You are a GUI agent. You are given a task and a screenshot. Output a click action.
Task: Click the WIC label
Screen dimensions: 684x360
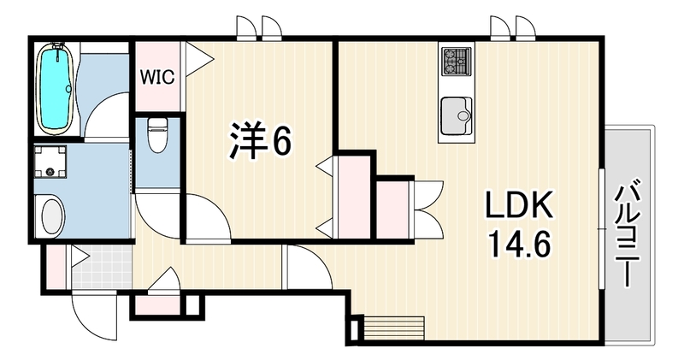157,77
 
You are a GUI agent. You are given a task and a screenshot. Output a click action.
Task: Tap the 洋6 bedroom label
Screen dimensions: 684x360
260,139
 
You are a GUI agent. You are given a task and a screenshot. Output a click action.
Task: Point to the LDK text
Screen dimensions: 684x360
520,204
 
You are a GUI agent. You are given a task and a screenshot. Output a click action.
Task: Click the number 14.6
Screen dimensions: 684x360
520,245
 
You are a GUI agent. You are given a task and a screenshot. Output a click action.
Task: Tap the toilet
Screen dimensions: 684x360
156,134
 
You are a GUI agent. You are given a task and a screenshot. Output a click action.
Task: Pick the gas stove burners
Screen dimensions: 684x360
457,61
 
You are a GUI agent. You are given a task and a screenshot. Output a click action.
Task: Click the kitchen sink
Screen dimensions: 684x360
457,115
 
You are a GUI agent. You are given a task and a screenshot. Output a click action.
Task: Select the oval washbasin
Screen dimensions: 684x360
53,216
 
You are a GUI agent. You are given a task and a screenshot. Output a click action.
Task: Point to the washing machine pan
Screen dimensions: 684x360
50,162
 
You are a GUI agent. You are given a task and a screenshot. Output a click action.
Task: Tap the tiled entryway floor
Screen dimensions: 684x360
102,266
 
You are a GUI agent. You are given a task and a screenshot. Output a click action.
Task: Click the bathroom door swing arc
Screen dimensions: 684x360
107,115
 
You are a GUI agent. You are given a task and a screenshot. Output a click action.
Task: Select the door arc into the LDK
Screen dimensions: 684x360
308,266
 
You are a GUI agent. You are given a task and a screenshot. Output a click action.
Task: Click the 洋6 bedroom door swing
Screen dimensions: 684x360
208,217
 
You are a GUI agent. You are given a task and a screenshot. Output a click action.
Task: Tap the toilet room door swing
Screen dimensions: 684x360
158,216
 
